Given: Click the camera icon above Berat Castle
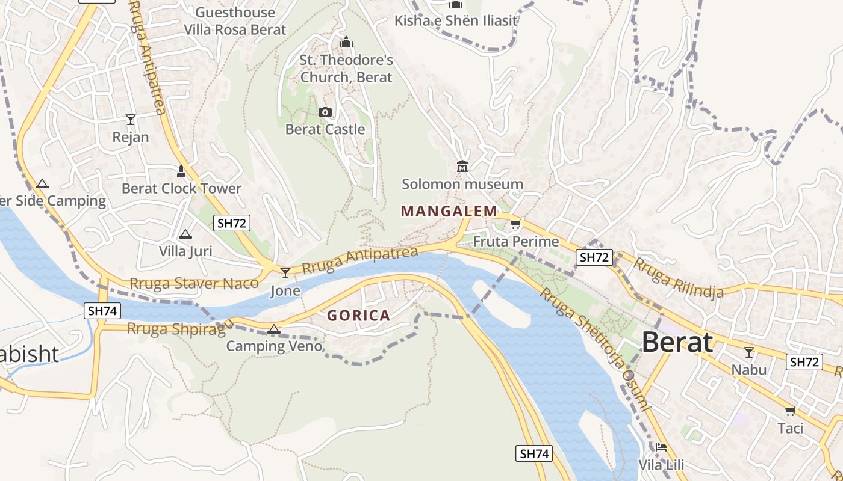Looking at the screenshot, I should [x=325, y=112].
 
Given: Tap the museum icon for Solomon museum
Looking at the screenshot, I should [x=462, y=166].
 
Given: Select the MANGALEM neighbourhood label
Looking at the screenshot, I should [x=449, y=211].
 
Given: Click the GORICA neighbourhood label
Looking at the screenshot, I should [x=358, y=316].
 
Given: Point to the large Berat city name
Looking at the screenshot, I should [x=677, y=343].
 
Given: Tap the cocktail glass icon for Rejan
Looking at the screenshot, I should [x=130, y=119].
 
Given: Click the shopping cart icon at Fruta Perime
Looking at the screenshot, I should [x=515, y=224].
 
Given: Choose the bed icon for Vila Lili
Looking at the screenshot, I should [x=661, y=447].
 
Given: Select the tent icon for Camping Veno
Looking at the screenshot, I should [x=274, y=329].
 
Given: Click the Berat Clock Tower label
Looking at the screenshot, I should [x=181, y=188].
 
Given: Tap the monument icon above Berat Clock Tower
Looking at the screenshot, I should [x=181, y=171].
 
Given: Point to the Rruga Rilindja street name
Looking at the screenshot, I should [x=678, y=278].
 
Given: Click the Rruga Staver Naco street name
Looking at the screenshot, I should [x=194, y=283].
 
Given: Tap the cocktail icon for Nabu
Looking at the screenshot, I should [x=748, y=352].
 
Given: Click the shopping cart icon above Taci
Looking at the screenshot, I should [x=790, y=411].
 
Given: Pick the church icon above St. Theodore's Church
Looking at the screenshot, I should [x=346, y=43].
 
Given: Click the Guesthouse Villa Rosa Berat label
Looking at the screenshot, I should [x=235, y=21].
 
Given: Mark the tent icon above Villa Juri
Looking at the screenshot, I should [x=185, y=234].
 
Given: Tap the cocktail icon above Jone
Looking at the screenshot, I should [x=285, y=272].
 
